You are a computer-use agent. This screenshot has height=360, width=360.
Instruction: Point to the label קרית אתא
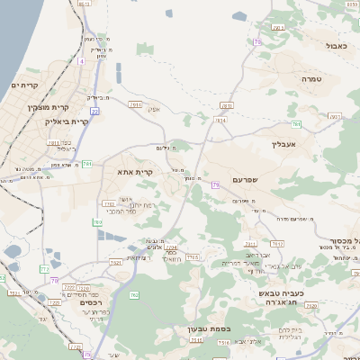(136, 171)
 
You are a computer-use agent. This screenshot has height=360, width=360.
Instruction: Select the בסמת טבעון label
(210, 329)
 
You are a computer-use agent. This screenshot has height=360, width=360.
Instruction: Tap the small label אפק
(153, 110)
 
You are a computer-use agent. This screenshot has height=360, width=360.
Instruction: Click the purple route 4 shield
(80, 61)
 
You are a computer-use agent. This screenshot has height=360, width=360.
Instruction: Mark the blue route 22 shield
(94, 110)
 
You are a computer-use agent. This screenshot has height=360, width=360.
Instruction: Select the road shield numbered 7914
(221, 119)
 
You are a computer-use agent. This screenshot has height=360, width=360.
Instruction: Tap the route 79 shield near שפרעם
(215, 185)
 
